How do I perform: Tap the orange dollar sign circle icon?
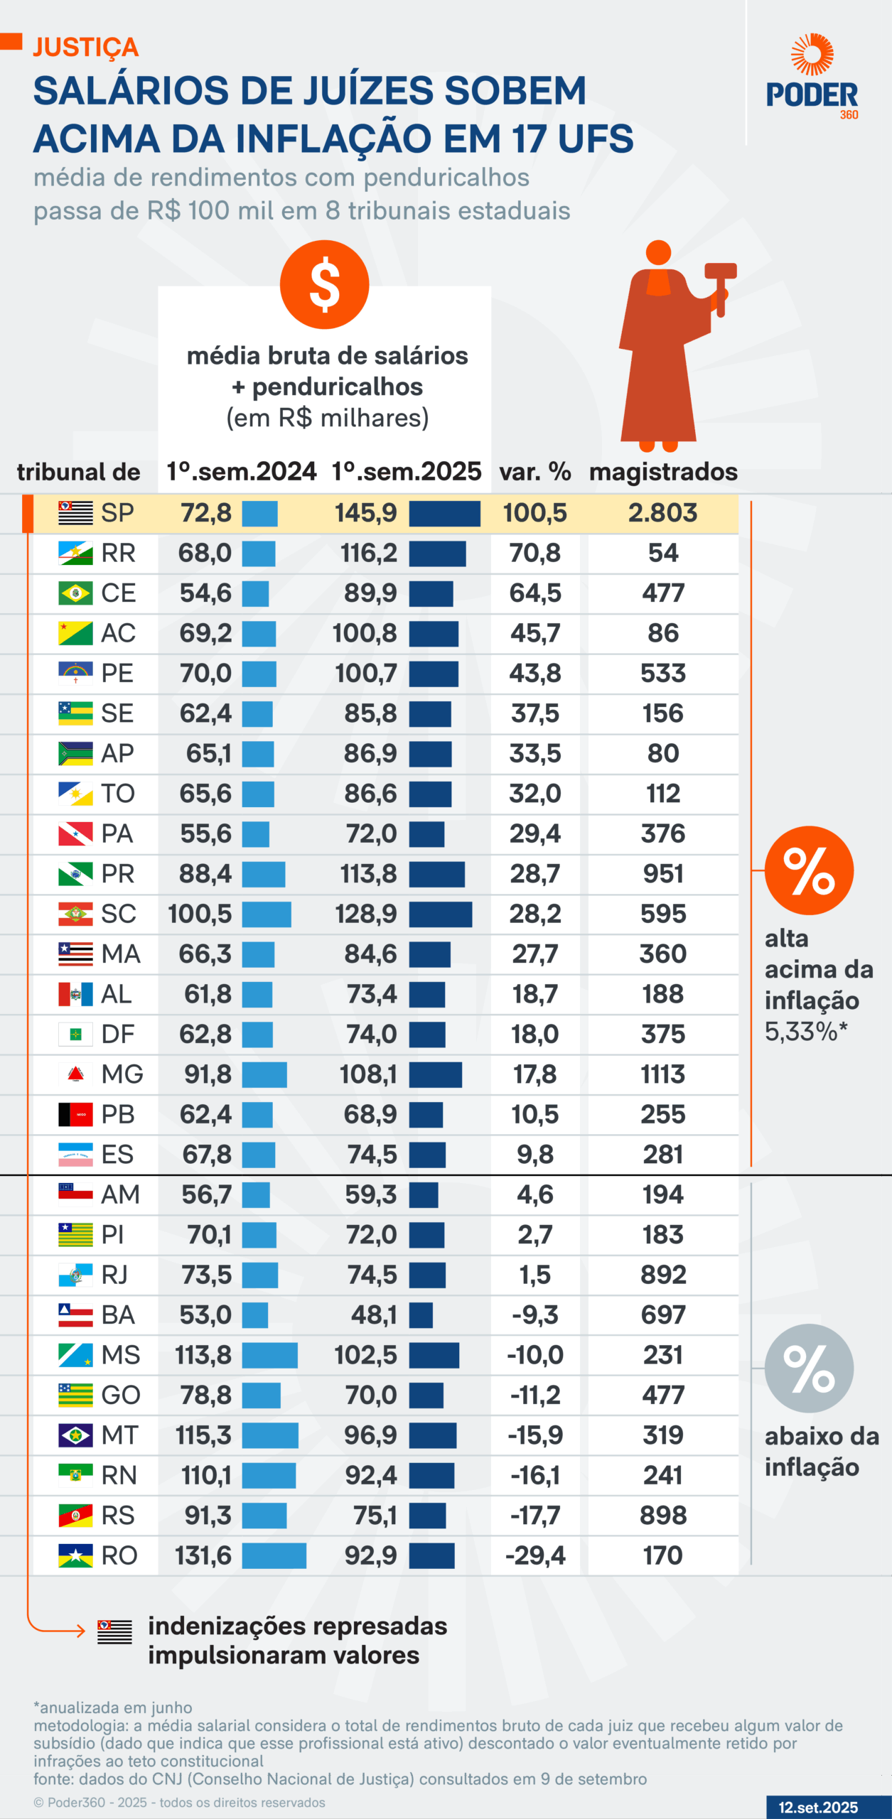click(x=324, y=284)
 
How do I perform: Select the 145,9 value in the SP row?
click(x=365, y=513)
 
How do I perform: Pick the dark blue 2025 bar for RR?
click(x=437, y=554)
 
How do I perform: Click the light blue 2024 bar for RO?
click(x=274, y=1555)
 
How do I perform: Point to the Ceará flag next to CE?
click(x=75, y=593)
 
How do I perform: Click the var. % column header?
click(x=534, y=472)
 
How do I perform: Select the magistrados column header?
click(x=663, y=472)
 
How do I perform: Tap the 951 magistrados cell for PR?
click(x=663, y=874)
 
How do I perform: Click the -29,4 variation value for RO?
click(x=535, y=1555)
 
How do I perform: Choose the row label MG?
click(x=122, y=1074)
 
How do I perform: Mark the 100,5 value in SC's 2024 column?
click(x=200, y=914)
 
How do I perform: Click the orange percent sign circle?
click(x=809, y=870)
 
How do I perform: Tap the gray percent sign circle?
click(x=809, y=1368)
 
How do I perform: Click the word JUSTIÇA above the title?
click(x=86, y=47)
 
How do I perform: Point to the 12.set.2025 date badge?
click(x=818, y=1807)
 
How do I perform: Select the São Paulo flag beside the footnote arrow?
click(x=114, y=1631)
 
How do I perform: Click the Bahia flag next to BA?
click(x=75, y=1315)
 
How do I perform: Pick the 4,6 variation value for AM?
click(x=534, y=1195)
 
